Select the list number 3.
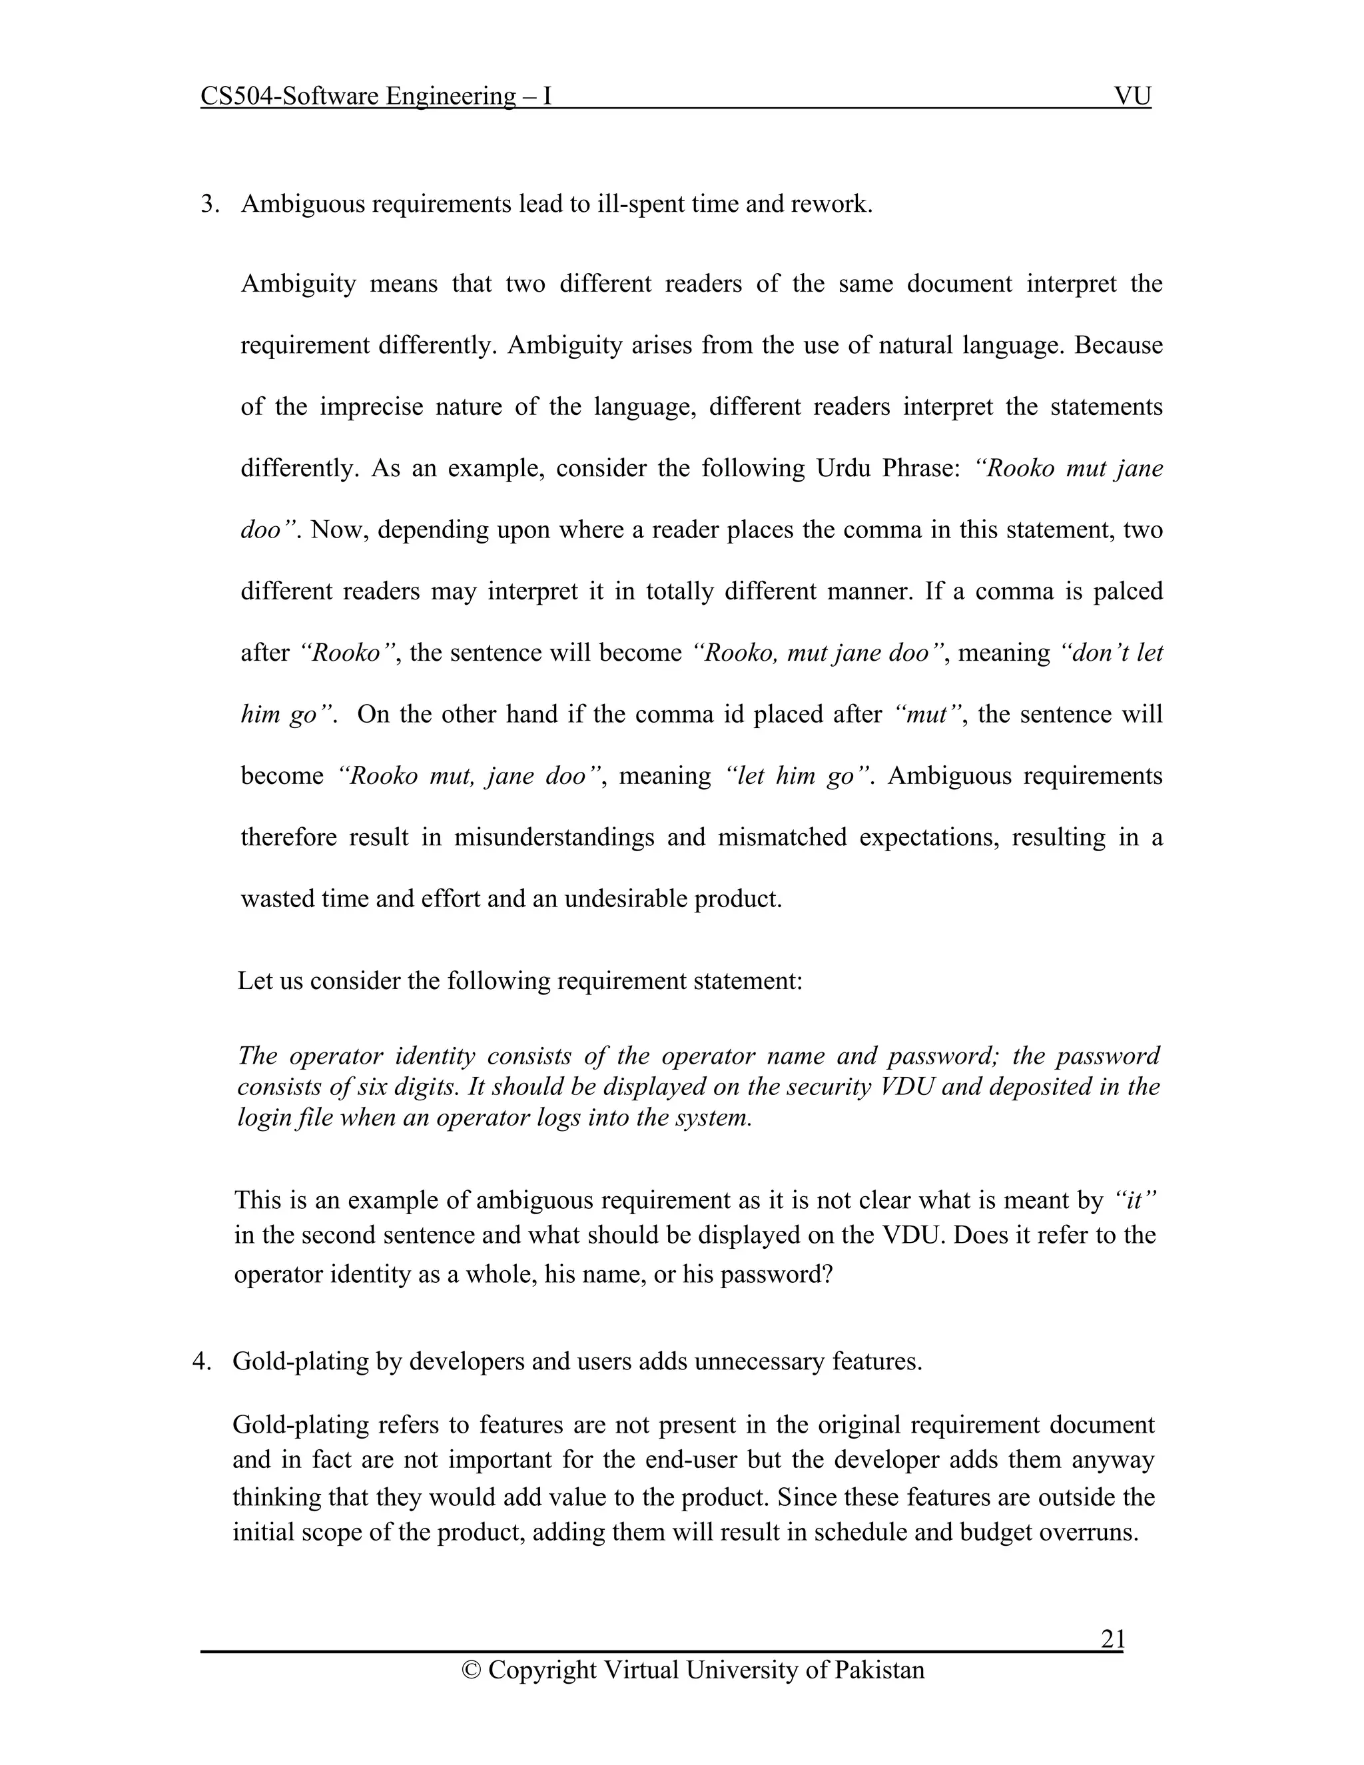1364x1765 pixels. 209,204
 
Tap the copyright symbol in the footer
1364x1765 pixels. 471,1670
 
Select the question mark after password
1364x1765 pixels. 827,1274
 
